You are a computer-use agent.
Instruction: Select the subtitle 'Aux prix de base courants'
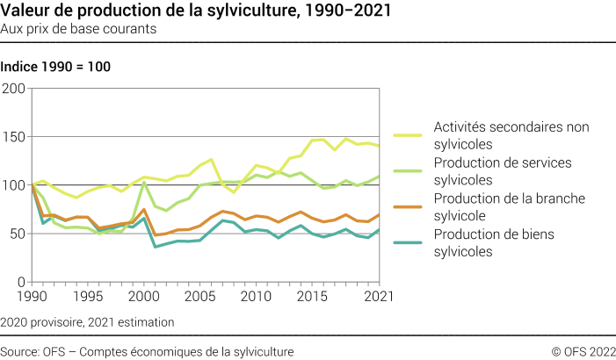tap(80, 29)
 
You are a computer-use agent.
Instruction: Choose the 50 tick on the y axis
tap(17, 234)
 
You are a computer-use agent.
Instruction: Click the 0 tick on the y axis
tap(21, 283)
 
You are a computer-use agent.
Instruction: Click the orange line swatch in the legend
tap(408, 207)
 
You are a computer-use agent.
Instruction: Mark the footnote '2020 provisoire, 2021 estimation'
tap(88, 322)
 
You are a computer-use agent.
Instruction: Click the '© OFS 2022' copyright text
tap(583, 351)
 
